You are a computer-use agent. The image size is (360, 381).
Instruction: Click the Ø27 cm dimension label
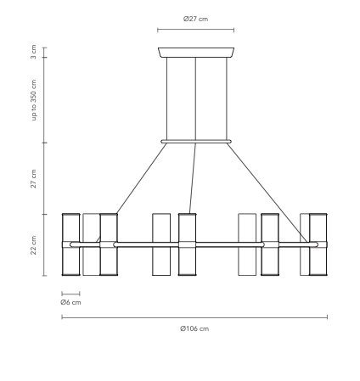[195, 18]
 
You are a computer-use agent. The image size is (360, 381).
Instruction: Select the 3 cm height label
[33, 53]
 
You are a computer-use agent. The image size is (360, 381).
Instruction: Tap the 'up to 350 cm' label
[33, 101]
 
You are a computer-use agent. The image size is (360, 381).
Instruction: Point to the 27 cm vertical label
[33, 178]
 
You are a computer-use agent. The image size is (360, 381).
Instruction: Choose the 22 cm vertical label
[33, 244]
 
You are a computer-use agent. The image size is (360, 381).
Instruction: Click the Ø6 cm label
[70, 302]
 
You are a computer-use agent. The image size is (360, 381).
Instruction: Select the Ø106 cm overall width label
[194, 328]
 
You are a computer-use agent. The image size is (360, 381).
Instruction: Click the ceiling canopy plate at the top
[195, 53]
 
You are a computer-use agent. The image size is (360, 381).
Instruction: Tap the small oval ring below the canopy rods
[195, 142]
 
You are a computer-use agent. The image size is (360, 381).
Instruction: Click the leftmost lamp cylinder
[70, 244]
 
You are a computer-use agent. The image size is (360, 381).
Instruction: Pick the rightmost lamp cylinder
[318, 244]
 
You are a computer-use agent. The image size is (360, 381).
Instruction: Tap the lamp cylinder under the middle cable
[188, 244]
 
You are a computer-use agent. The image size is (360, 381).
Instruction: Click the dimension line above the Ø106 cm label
[194, 318]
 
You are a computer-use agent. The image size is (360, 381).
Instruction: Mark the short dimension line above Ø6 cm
[70, 294]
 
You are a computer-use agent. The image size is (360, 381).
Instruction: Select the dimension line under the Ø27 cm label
[195, 30]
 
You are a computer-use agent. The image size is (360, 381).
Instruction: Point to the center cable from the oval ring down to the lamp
[192, 178]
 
